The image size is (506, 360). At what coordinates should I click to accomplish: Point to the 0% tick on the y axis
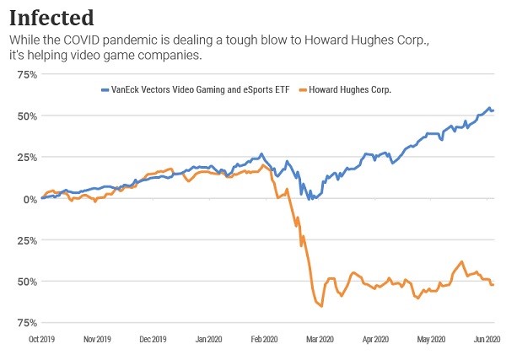(27, 199)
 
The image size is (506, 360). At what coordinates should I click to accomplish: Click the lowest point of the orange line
(321, 307)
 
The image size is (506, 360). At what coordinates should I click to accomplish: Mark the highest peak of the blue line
(489, 108)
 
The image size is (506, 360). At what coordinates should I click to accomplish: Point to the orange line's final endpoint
(493, 285)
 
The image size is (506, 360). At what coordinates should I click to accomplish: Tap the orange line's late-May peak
(462, 261)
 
